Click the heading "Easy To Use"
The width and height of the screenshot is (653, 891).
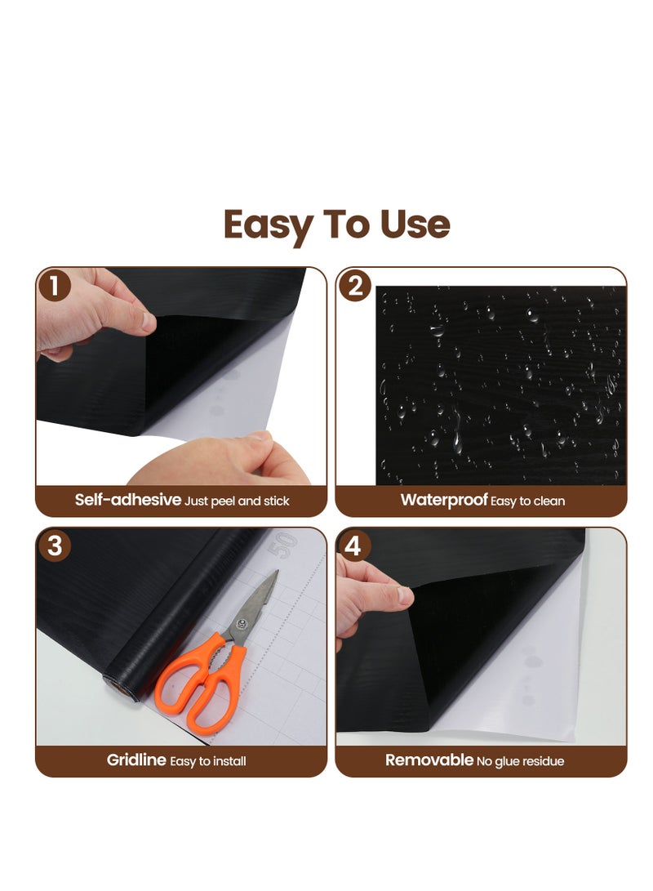pyautogui.click(x=336, y=225)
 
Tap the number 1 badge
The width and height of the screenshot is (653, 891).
pyautogui.click(x=54, y=286)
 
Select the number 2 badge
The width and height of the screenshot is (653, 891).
pyautogui.click(x=355, y=286)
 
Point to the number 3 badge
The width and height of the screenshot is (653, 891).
pyautogui.click(x=54, y=546)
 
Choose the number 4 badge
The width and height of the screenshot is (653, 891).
pyautogui.click(x=353, y=546)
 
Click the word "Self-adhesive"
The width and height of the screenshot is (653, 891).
pyautogui.click(x=127, y=500)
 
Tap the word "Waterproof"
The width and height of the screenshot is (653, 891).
pyautogui.click(x=443, y=500)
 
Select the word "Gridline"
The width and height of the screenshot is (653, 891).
pyautogui.click(x=136, y=760)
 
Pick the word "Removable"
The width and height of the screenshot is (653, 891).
pyautogui.click(x=429, y=760)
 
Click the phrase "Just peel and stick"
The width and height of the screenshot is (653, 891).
pyautogui.click(x=237, y=501)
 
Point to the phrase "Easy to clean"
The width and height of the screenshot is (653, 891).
pyautogui.click(x=528, y=501)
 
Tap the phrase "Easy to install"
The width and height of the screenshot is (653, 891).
pyautogui.click(x=208, y=761)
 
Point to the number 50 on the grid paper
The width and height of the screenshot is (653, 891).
pyautogui.click(x=286, y=545)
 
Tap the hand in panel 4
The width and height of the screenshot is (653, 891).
pyautogui.click(x=367, y=600)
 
